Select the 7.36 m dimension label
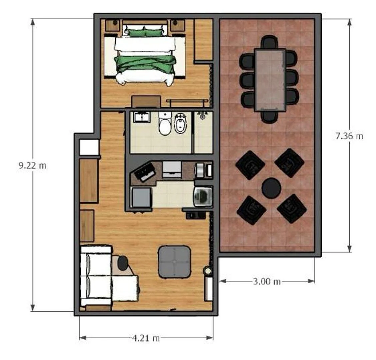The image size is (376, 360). click(x=349, y=136)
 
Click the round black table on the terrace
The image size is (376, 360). click(x=271, y=188)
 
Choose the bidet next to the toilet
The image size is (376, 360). click(x=181, y=124)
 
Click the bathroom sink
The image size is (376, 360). click(x=142, y=117)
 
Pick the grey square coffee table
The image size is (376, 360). click(x=175, y=262)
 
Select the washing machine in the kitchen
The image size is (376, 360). click(x=202, y=197)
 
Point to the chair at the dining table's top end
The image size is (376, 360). click(x=269, y=42)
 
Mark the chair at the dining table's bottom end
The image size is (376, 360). click(x=269, y=117)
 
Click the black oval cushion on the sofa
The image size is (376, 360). click(x=123, y=263)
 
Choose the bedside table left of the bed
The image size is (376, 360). click(x=112, y=25)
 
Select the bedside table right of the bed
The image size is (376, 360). click(x=177, y=25)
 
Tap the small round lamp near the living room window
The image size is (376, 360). click(x=208, y=271)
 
